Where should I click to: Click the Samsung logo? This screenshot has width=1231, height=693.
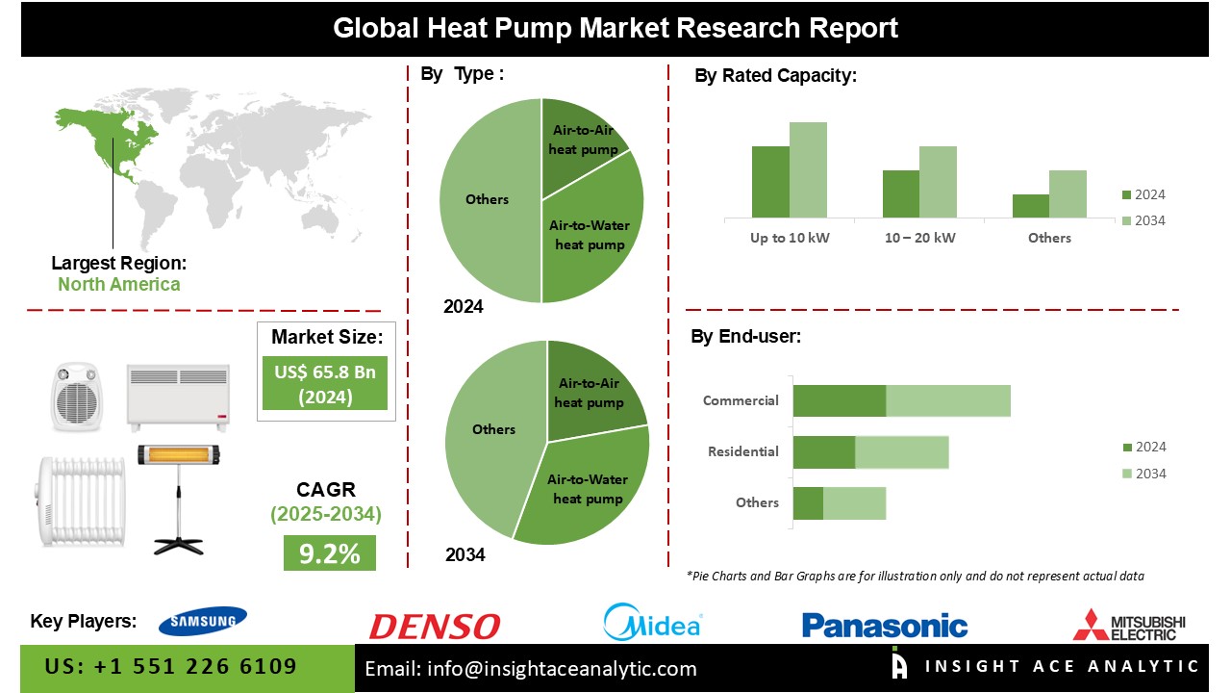click(x=202, y=622)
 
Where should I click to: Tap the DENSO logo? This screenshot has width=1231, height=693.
click(x=435, y=627)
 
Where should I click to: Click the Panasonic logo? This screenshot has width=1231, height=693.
click(x=884, y=626)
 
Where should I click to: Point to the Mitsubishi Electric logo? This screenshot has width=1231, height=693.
click(x=1129, y=625)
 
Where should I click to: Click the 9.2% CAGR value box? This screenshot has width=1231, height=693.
click(x=329, y=553)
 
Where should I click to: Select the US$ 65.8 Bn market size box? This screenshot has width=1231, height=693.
click(x=325, y=383)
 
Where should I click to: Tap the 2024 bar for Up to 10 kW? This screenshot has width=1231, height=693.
click(x=770, y=182)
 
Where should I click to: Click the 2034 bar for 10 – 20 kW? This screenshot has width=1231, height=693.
click(x=938, y=182)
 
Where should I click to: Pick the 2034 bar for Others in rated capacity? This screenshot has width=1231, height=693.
click(x=1068, y=193)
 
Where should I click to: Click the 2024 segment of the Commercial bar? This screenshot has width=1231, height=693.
click(x=839, y=400)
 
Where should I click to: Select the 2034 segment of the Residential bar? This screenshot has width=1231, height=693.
click(x=901, y=451)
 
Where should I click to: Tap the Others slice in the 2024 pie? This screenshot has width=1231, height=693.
click(x=488, y=199)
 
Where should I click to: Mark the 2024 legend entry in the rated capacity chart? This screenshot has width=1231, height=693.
click(x=1143, y=194)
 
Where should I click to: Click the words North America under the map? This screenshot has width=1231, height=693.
click(x=118, y=284)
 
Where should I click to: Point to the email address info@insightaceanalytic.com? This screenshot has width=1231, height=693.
click(x=531, y=668)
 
